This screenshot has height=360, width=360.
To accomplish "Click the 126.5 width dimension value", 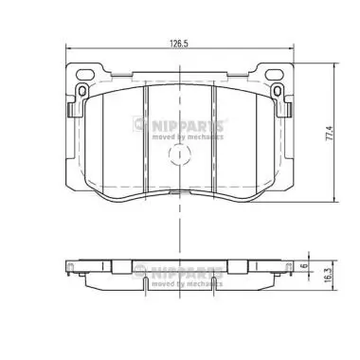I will [x=178, y=44].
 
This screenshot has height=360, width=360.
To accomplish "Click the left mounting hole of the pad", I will [x=81, y=91].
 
